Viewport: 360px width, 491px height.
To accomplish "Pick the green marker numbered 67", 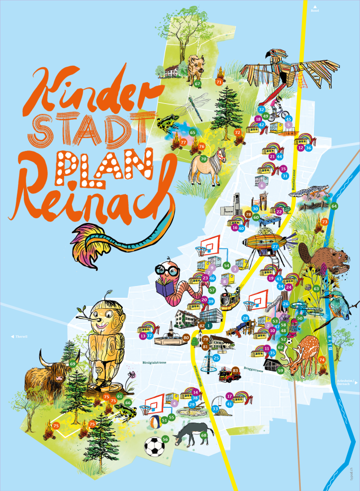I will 197,84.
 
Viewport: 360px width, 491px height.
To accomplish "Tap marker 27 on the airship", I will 275,247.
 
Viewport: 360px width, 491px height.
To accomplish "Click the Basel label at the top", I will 316,10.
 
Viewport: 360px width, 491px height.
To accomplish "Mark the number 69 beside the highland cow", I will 73,363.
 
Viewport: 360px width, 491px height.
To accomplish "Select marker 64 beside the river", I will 334,206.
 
